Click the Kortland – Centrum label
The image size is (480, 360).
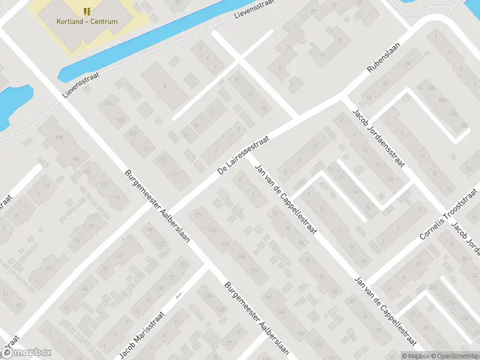[x=87, y=22]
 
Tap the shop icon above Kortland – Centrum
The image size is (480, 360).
[x=87, y=11]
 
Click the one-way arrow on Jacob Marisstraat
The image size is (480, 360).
[x=178, y=295]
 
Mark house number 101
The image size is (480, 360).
[x=109, y=104]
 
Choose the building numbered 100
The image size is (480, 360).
[x=59, y=139]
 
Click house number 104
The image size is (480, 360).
[x=76, y=158]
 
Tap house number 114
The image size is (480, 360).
[x=115, y=197]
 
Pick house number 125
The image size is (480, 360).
[x=211, y=230]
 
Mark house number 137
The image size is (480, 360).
[x=254, y=271]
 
